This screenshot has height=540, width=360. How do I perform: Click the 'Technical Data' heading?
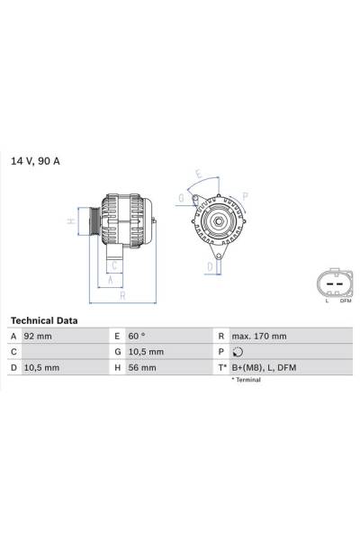click(x=44, y=320)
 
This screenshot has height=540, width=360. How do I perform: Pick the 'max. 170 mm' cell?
click(x=258, y=337)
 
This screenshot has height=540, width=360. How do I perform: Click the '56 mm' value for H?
click(x=141, y=368)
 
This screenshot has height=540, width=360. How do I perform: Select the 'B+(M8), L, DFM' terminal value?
click(x=264, y=368)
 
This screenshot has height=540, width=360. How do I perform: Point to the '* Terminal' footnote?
click(x=246, y=381)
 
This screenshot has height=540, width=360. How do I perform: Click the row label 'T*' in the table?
click(x=220, y=368)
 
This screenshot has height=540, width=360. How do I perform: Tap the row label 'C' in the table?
click(x=13, y=352)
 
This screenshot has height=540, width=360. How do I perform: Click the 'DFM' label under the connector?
click(x=344, y=301)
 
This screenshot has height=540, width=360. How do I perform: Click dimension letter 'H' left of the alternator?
click(x=69, y=220)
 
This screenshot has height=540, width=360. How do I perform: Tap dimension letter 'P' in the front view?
click(x=245, y=194)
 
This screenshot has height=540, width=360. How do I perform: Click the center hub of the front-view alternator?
click(x=216, y=220)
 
